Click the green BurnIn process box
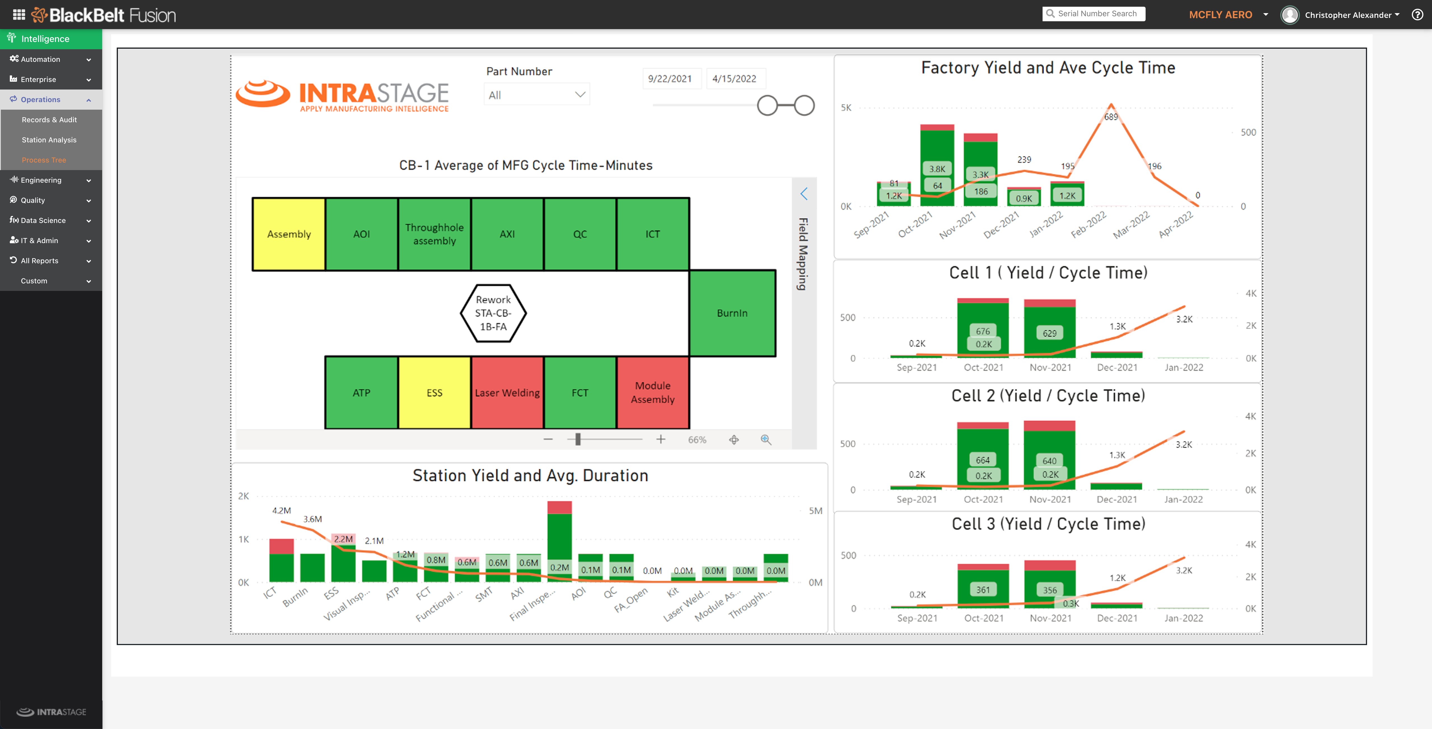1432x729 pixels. (732, 313)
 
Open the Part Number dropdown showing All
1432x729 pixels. (536, 95)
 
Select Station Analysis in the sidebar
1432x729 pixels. (49, 140)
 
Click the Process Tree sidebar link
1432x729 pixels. (44, 160)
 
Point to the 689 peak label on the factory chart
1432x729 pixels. (1111, 117)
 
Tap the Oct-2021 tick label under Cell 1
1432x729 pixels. (984, 367)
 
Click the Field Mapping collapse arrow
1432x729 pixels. (804, 194)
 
